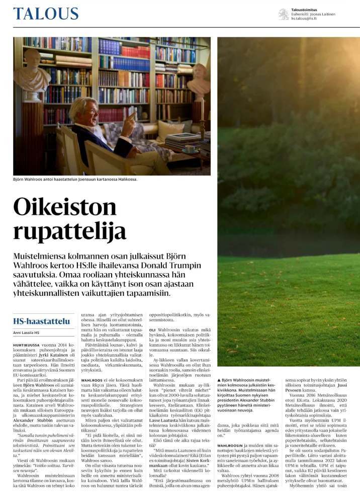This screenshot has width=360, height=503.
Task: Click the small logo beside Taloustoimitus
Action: pyautogui.click(x=284, y=14)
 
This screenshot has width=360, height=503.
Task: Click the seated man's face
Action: pyautogui.click(x=92, y=112)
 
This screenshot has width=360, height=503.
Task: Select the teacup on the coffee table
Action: pyautogui.click(x=190, y=149)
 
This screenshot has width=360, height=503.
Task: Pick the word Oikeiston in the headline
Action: pyautogui.click(x=57, y=207)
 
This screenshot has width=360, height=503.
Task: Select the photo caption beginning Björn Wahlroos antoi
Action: pyautogui.click(x=75, y=179)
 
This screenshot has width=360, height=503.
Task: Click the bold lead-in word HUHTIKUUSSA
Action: pyautogui.click(x=30, y=345)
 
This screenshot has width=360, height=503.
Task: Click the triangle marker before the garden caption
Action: pyautogui.click(x=219, y=378)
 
